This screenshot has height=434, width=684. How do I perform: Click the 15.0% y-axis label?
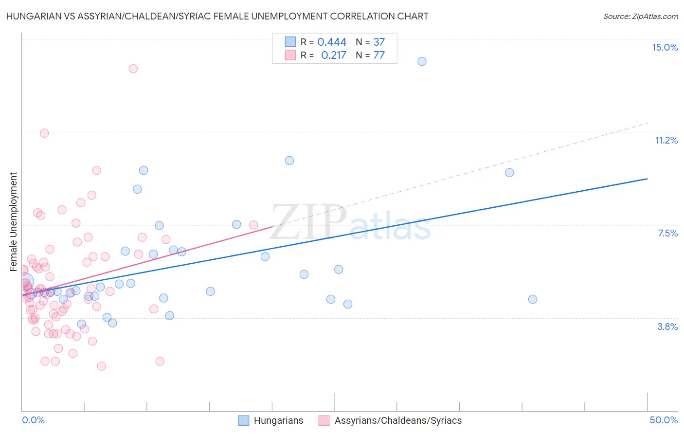(x=665, y=47)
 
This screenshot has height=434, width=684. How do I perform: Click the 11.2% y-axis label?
(x=666, y=140)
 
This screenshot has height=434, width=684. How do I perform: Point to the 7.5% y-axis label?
(x=667, y=233)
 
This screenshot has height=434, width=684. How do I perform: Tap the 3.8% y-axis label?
(x=667, y=326)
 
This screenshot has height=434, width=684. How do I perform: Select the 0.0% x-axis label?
(x=33, y=420)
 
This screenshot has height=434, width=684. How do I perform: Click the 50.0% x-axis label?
(x=664, y=420)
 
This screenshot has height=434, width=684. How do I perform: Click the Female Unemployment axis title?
(x=13, y=222)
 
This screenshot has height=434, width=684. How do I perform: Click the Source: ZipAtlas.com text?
(x=640, y=16)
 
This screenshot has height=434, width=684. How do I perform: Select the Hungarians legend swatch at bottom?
(x=244, y=420)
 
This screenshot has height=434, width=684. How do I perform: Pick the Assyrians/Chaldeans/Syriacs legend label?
(x=398, y=420)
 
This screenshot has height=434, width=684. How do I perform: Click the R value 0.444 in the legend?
(x=332, y=42)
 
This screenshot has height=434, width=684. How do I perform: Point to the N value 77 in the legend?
(x=379, y=55)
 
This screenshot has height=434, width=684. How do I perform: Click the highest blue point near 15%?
(x=422, y=61)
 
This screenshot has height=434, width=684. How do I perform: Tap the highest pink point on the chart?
(x=133, y=69)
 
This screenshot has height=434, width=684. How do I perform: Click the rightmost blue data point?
(x=533, y=299)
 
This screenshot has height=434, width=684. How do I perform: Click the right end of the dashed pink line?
(x=648, y=124)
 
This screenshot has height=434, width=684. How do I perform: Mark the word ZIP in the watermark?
(x=308, y=223)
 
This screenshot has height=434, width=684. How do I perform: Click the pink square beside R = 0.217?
(x=290, y=55)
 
